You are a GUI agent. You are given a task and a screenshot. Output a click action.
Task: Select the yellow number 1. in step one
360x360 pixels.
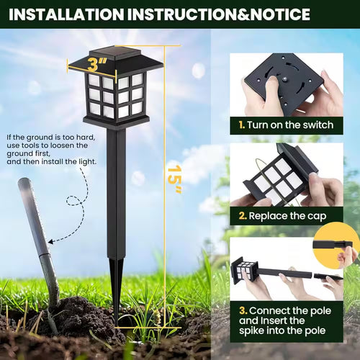[x=243, y=125]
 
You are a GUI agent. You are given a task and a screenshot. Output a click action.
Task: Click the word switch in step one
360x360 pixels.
[x=316, y=125]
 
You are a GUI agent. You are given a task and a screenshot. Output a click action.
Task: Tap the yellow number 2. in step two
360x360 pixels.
[x=243, y=215]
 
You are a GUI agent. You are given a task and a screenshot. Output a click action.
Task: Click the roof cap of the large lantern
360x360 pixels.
[x=115, y=62]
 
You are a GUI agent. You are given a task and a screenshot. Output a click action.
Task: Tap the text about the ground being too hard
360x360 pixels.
[x=50, y=149]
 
